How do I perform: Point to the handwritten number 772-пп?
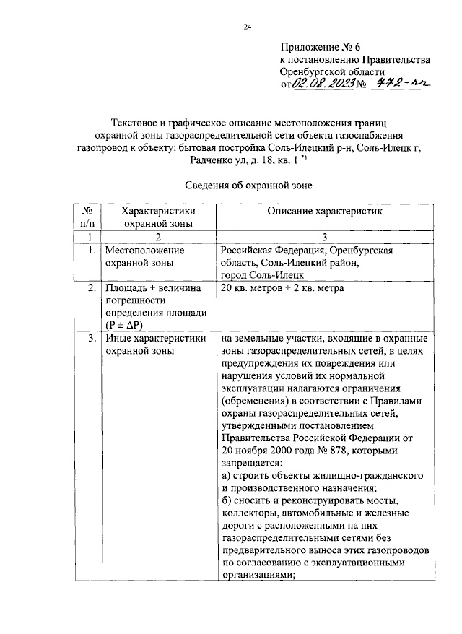[x=398, y=85]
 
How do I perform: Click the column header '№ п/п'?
[x=88, y=217]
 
